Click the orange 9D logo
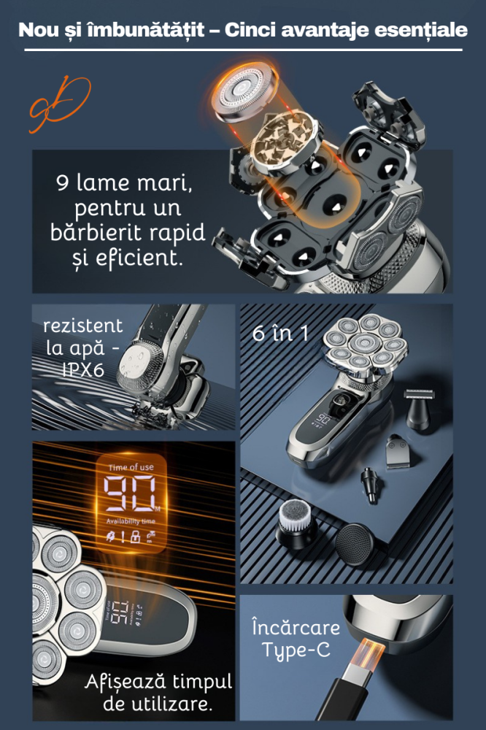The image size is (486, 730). tap(60, 104)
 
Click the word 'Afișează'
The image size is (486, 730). tap(121, 683)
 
